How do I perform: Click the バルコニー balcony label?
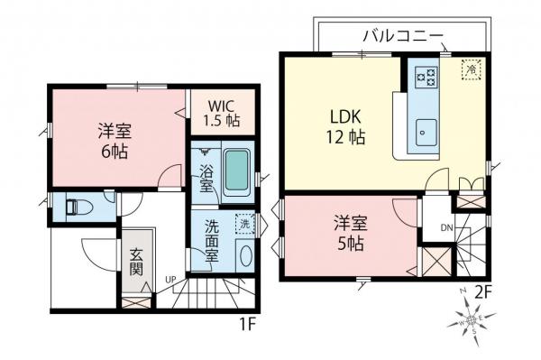tap(402, 36)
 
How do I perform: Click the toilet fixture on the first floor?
tap(77, 207)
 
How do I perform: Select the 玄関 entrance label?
tap(135, 262)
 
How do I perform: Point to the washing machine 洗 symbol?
tap(242, 222)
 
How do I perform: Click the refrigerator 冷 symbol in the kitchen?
tap(471, 68)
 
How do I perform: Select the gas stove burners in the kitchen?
tap(423, 76)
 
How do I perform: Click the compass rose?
tap(472, 319)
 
